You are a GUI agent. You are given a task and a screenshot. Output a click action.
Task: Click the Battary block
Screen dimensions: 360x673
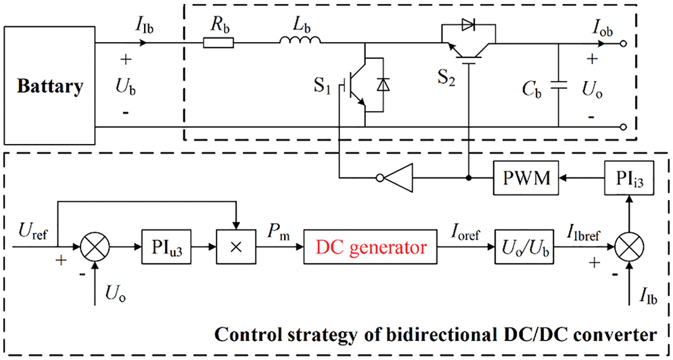coord(51,87)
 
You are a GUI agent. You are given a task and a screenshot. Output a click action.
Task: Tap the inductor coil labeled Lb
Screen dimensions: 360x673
coord(300,43)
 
